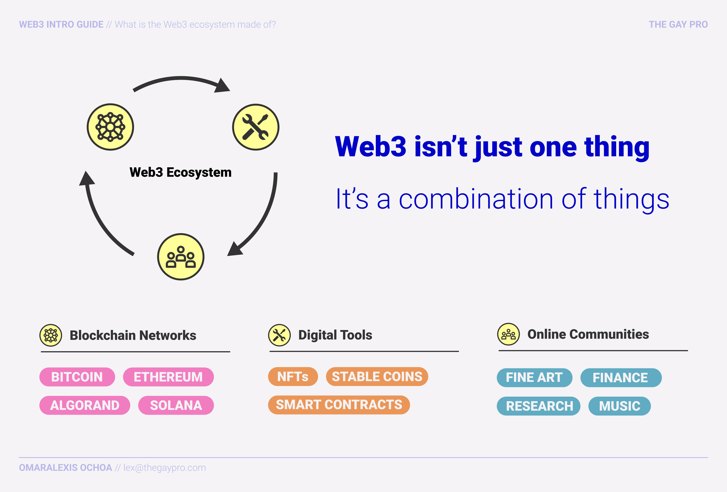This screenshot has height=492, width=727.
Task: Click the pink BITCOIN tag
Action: click(77, 377)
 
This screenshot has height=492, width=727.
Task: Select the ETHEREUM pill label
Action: click(168, 377)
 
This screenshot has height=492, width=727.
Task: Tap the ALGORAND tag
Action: click(85, 405)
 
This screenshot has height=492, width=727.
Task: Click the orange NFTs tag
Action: click(293, 377)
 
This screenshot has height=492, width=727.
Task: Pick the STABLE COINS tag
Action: click(377, 377)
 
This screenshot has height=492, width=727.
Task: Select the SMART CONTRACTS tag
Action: click(339, 405)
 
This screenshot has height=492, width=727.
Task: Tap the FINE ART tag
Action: click(534, 378)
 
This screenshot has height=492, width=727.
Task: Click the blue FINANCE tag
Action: click(621, 378)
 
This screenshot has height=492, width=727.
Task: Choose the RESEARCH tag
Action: click(538, 406)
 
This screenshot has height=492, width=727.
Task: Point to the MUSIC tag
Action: click(619, 406)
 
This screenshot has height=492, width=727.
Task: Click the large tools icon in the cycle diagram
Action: click(255, 127)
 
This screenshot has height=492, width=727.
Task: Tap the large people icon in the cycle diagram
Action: click(181, 257)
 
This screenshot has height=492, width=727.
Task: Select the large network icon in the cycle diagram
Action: click(110, 127)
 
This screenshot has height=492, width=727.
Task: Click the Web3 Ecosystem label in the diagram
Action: click(180, 172)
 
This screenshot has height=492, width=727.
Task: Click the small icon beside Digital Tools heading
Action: click(279, 335)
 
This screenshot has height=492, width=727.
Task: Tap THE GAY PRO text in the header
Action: click(678, 24)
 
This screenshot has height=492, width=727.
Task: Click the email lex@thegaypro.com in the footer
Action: click(165, 468)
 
